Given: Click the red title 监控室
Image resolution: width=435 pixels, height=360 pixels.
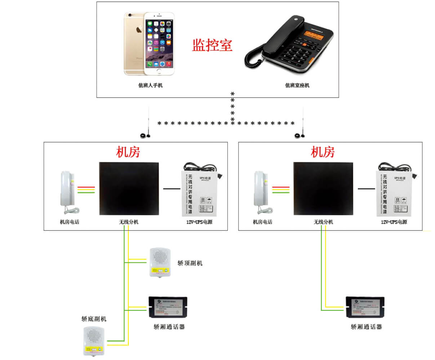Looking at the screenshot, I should pyautogui.click(x=212, y=45).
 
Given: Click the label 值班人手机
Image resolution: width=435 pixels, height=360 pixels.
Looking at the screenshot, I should pyautogui.click(x=150, y=85).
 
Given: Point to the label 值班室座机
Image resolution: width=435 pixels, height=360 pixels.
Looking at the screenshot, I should pyautogui.click(x=297, y=85).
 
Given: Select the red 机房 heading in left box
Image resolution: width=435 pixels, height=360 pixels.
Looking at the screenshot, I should pyautogui.click(x=128, y=152).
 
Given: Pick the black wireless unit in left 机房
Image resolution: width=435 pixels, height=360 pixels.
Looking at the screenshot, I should pyautogui.click(x=129, y=189).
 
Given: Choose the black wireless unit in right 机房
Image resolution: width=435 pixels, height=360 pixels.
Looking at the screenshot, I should pyautogui.click(x=323, y=189).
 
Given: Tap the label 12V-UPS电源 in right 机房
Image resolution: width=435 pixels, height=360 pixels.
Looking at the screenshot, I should pyautogui.click(x=394, y=222).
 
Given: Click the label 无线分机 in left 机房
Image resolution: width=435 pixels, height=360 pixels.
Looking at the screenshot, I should pyautogui.click(x=129, y=222).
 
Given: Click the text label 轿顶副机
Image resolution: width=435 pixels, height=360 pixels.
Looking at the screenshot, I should pyautogui.click(x=190, y=263).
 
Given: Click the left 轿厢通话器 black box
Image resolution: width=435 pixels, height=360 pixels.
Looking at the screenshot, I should pyautogui.click(x=168, y=307).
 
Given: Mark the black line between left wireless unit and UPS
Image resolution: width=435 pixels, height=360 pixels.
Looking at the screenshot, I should pyautogui.click(x=172, y=188).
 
